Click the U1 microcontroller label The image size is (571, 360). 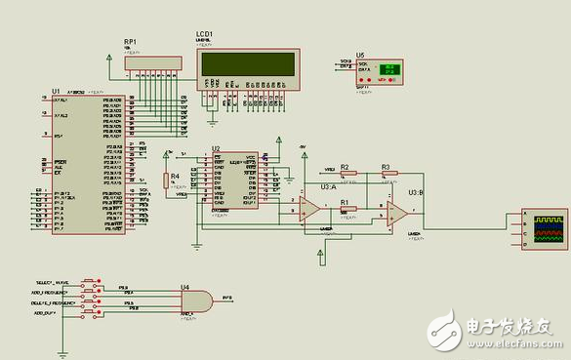tap(56, 90)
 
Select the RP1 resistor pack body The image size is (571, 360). tap(152, 62)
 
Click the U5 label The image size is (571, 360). tap(360, 55)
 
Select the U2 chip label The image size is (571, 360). tap(217, 148)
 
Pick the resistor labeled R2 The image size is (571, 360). tap(345, 175)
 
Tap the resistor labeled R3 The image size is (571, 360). tap(386, 175)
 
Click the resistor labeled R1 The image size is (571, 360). tap(345, 208)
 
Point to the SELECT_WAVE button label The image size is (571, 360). tap(51, 281)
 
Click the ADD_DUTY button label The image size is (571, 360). tap(47, 313)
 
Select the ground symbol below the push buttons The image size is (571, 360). tap(62, 346)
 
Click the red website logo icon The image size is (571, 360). tap(445, 329)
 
